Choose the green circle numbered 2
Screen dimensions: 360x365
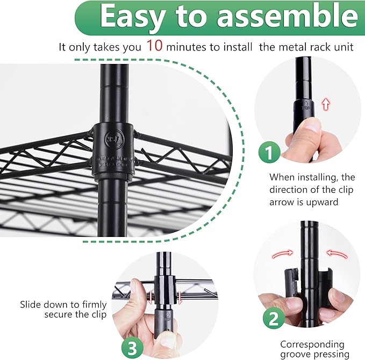click(274, 319)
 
